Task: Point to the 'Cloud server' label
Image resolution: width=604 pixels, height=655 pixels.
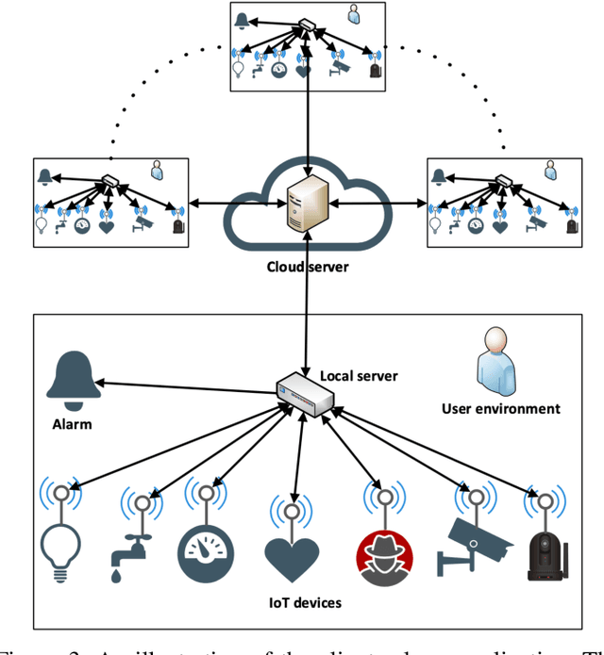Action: (306, 267)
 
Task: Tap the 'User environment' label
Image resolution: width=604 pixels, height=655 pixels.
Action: (500, 408)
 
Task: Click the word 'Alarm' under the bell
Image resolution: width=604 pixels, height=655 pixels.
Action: (72, 423)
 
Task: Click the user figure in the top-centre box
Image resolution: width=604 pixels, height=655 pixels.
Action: (353, 15)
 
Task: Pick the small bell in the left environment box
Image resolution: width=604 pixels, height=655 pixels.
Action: (43, 175)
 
